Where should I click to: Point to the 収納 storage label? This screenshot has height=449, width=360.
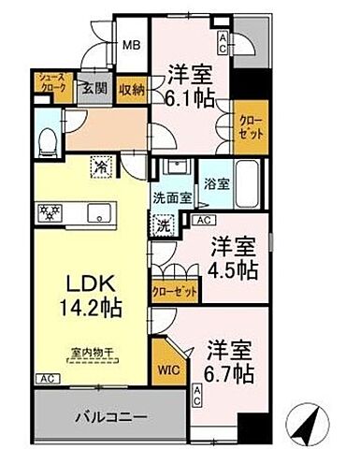point(130,88)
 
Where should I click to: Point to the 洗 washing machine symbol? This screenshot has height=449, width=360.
point(163,224)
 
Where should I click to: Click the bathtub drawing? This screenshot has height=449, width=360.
point(245,175)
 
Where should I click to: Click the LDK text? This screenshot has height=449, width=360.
point(88,283)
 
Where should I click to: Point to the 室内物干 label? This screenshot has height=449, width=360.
point(90,353)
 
